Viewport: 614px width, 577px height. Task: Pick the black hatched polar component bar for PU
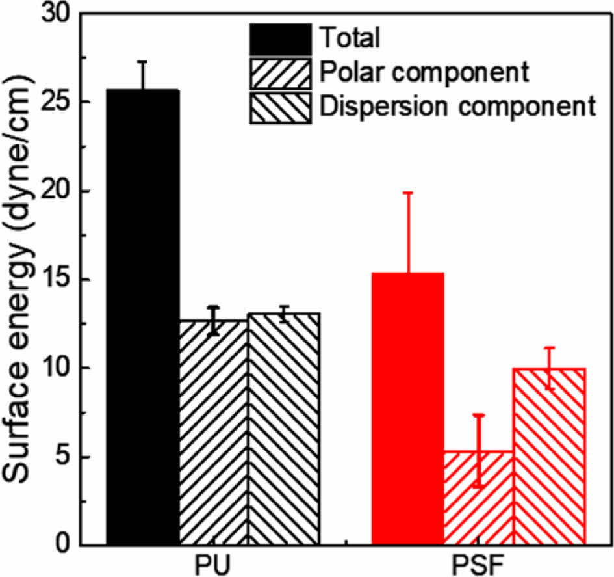click(x=214, y=433)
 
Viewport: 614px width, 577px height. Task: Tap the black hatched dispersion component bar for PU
click(x=284, y=429)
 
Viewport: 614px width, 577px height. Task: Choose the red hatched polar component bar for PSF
click(x=478, y=498)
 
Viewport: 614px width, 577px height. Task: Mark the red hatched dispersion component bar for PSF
click(x=549, y=456)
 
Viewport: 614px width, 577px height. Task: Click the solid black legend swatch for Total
click(x=280, y=39)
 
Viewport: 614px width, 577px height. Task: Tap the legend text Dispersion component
click(x=457, y=105)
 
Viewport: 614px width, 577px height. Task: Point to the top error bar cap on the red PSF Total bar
click(x=409, y=193)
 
